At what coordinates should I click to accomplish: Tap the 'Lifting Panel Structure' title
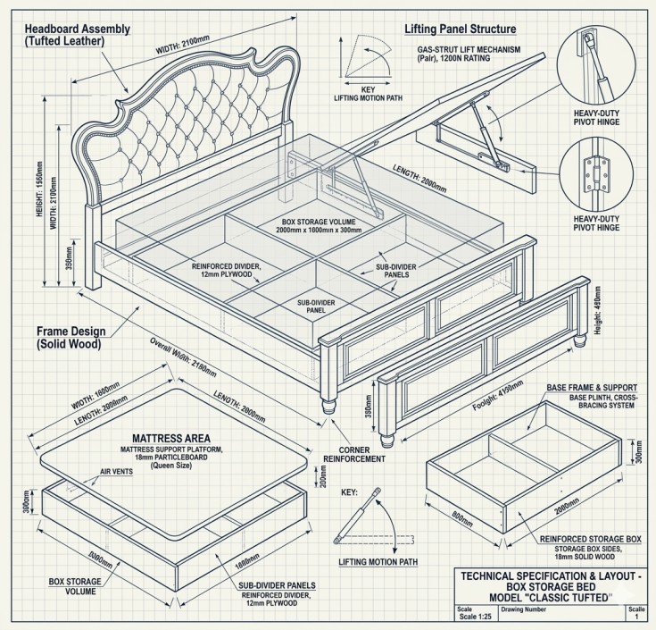pyautogui.click(x=461, y=29)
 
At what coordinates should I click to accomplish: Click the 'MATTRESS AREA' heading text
pyautogui.click(x=171, y=438)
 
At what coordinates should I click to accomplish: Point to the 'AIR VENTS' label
pyautogui.click(x=116, y=471)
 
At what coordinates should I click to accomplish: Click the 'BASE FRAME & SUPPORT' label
pyautogui.click(x=590, y=389)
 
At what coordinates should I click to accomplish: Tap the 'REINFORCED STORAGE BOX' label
pyautogui.click(x=590, y=540)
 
